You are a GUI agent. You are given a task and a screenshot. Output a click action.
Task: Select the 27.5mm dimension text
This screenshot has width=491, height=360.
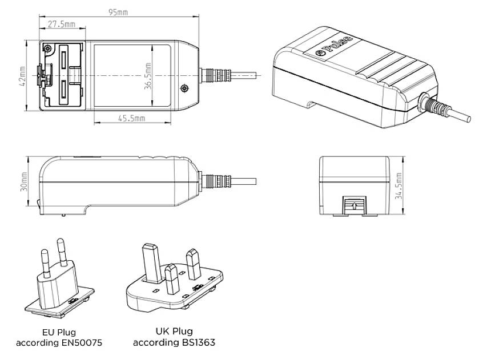coord(62,25)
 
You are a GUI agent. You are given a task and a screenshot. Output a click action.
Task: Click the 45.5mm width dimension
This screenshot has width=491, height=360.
coord(131,118)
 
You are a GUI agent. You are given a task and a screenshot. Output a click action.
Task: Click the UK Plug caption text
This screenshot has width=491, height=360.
coord(174,331)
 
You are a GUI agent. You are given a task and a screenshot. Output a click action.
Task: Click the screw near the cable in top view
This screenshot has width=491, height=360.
coord(184,88)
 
